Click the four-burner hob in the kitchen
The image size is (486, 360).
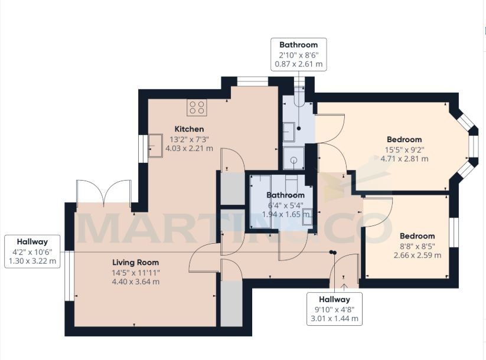pos(197,107)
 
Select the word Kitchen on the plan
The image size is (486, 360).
pos(189,129)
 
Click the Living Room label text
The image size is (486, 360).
pos(136,262)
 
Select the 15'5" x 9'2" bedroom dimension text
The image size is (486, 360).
pos(405,149)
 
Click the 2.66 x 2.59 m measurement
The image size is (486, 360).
pos(417,256)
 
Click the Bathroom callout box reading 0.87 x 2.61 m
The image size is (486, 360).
pos(298,54)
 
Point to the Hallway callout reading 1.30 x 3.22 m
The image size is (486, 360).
pos(32,251)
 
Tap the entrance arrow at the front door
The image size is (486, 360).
pos(344,286)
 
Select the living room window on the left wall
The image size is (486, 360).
pos(69,275)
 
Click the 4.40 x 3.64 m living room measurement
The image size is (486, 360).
pos(136,282)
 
